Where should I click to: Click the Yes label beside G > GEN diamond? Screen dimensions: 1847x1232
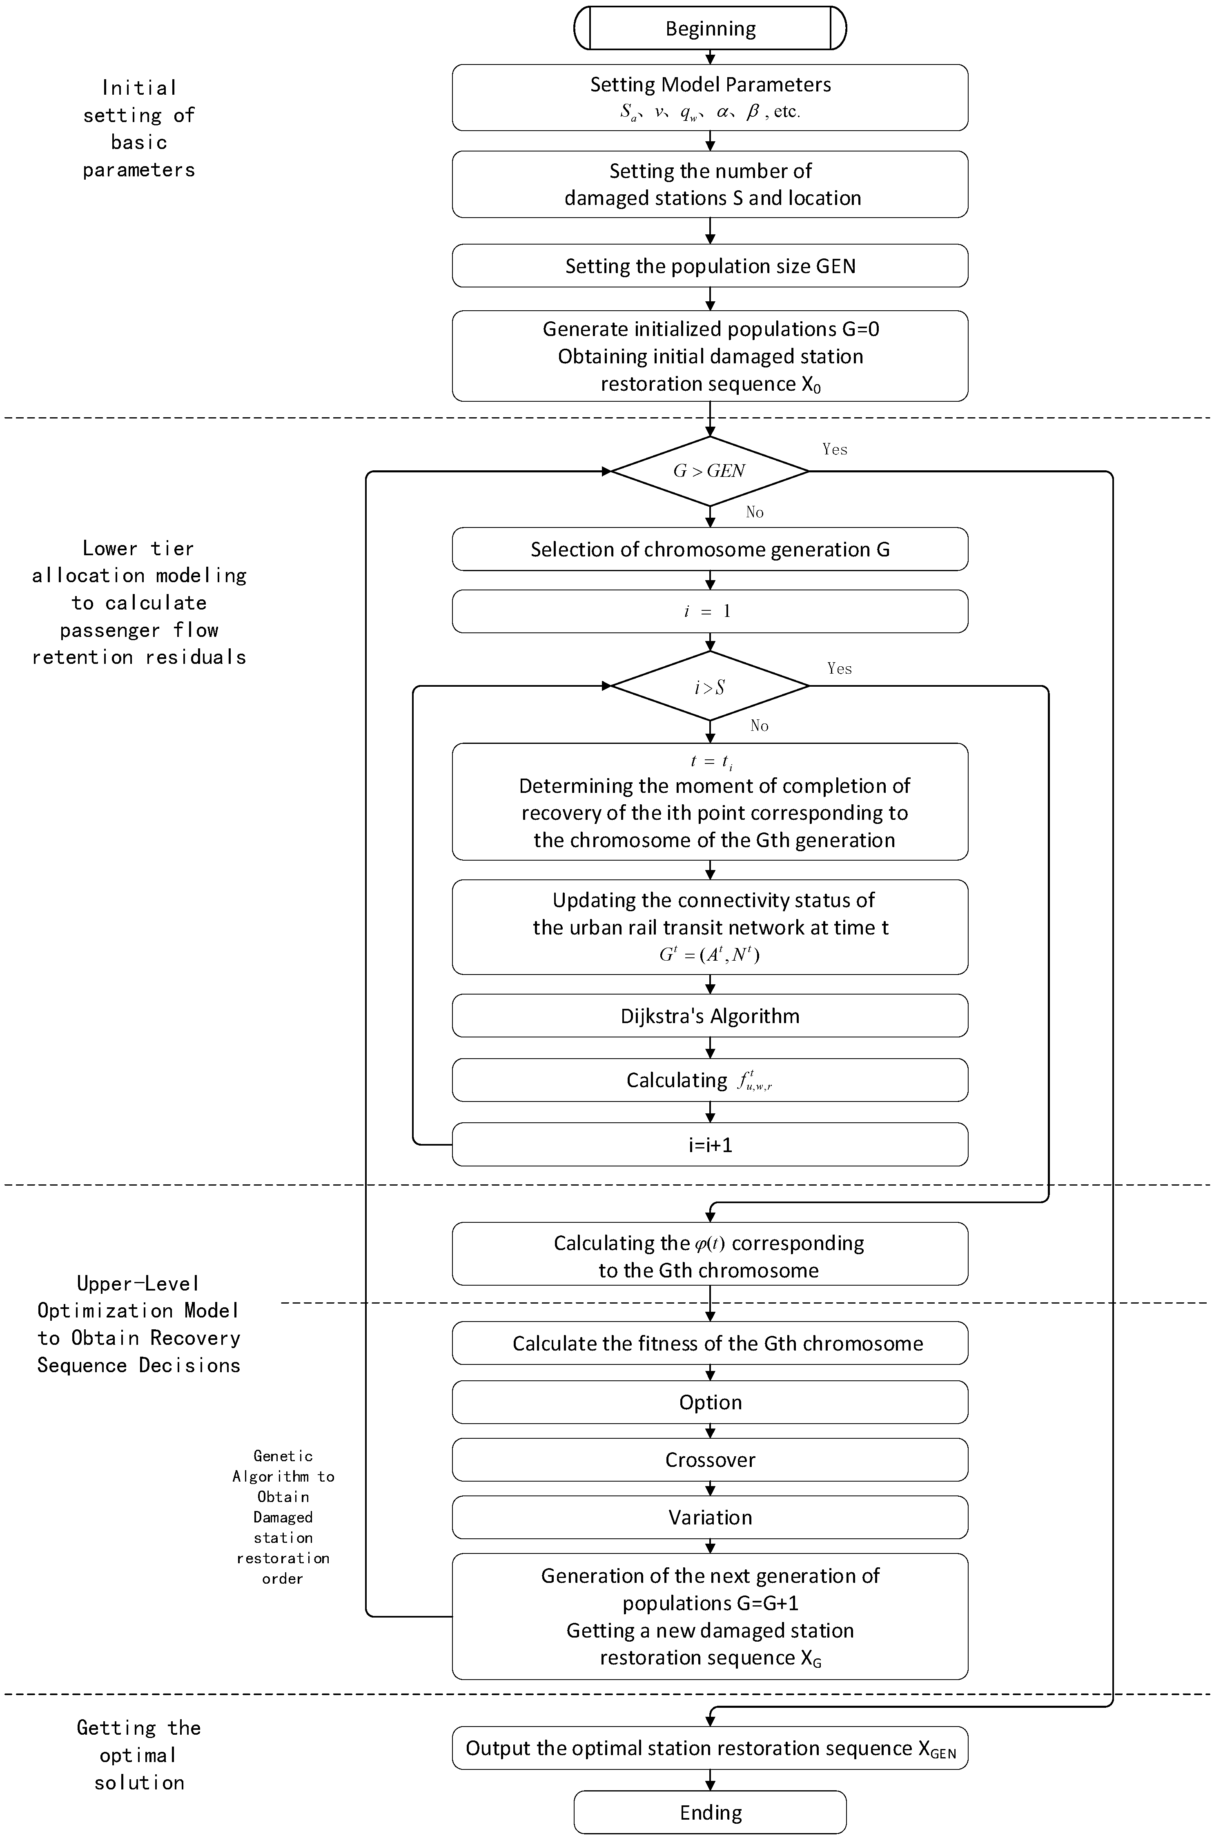pos(834,450)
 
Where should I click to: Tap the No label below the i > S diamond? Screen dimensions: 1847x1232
pos(759,726)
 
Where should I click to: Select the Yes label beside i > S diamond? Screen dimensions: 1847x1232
pos(839,669)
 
